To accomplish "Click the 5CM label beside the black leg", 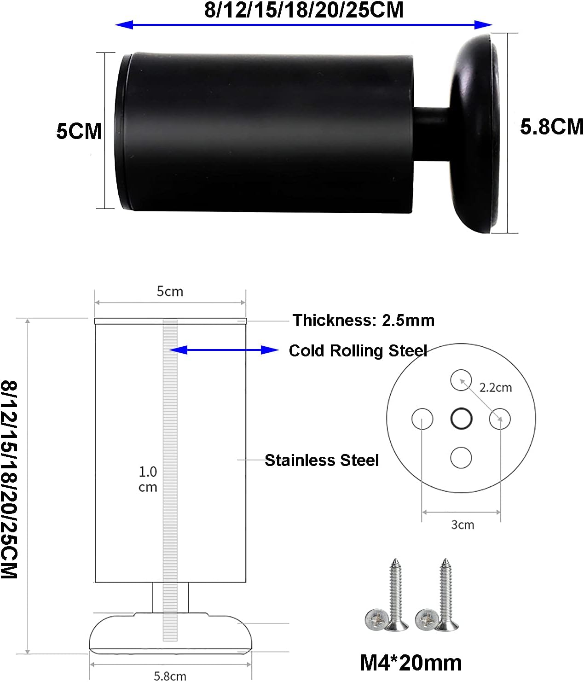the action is tap(79, 131).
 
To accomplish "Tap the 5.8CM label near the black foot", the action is tap(552, 127).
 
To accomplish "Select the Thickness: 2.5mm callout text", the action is tap(364, 321).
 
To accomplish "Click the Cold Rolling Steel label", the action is tap(358, 351).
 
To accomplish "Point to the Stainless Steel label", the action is tap(322, 460).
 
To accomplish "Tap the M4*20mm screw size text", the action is tap(411, 663).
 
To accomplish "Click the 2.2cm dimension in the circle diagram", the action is tap(495, 388).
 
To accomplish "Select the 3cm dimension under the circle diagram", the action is tap(463, 525).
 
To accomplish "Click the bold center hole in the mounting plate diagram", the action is tap(461, 419).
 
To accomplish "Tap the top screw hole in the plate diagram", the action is tap(461, 380).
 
